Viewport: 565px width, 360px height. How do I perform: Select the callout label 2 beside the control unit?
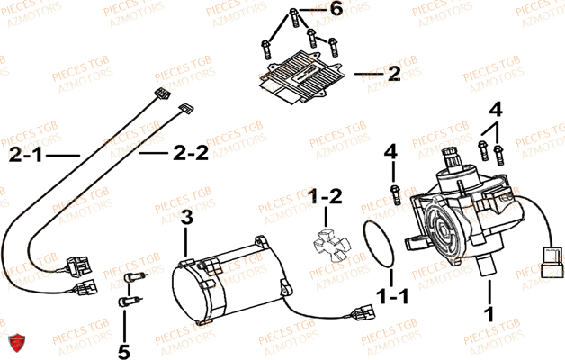click(x=393, y=75)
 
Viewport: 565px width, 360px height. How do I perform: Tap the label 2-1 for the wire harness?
click(x=27, y=156)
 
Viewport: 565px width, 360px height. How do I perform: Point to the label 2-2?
click(x=191, y=154)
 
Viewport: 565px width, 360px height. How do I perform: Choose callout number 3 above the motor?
click(x=187, y=216)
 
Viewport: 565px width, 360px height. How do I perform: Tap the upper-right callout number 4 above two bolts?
click(x=494, y=110)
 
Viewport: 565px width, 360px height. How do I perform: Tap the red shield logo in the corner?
click(x=15, y=343)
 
